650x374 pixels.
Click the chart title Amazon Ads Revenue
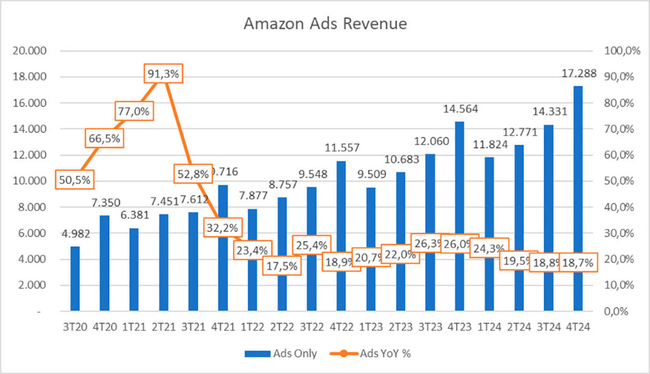tap(325, 24)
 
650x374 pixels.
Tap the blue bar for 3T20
tap(75, 279)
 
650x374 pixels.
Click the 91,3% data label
tap(164, 74)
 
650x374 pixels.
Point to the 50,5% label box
tap(74, 179)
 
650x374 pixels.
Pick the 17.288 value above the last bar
tap(578, 74)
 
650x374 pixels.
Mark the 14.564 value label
tap(460, 108)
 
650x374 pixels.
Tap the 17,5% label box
tap(282, 266)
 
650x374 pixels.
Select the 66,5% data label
tap(104, 138)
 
